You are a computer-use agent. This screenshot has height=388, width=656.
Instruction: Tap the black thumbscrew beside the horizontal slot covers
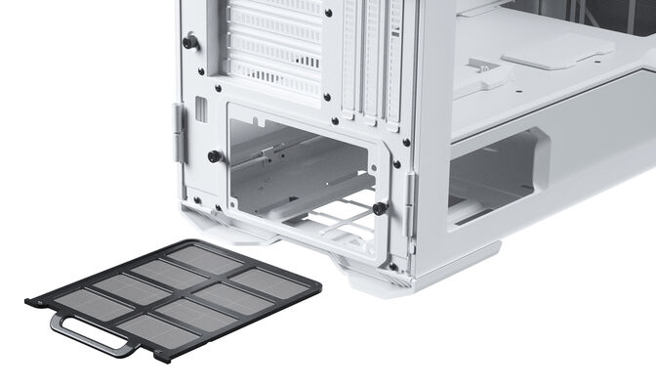(189, 42)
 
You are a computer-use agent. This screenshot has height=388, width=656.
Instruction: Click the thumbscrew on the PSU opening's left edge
(214, 156)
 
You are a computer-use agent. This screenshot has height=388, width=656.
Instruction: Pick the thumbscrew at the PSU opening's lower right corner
(378, 208)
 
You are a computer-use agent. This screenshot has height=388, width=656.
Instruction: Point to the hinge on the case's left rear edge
(180, 132)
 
